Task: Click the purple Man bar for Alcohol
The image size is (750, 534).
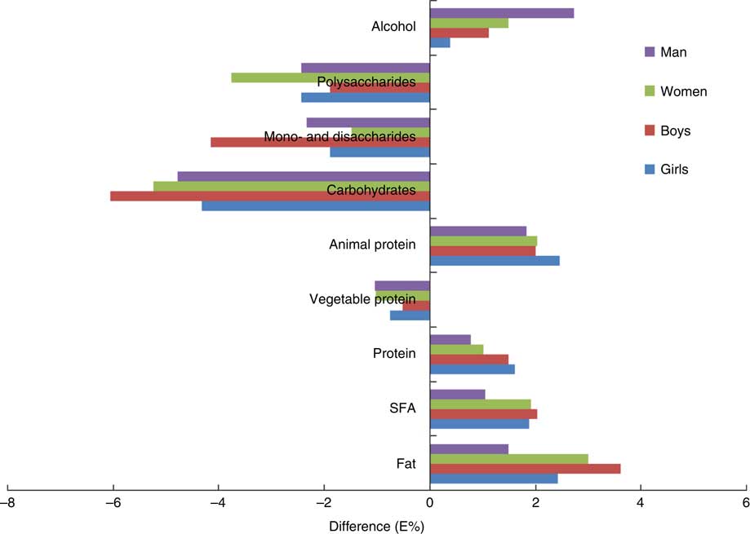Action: point(501,13)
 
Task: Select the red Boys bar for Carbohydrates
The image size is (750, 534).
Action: point(269,196)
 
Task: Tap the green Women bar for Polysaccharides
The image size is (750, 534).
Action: point(330,77)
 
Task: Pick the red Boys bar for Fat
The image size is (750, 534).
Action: point(525,468)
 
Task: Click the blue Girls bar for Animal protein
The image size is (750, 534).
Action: point(495,260)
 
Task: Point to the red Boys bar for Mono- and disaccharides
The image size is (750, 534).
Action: point(320,142)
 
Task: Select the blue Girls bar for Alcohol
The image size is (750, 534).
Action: point(440,42)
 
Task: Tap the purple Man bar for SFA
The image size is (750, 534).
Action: point(457,395)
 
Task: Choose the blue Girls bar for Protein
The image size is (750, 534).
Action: point(472,369)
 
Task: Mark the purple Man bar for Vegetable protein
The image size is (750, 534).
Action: point(402,285)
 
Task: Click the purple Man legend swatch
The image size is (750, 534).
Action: point(650,52)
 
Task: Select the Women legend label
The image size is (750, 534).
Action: point(683,91)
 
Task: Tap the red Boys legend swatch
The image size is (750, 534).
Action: point(650,130)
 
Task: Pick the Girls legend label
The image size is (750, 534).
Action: point(674,170)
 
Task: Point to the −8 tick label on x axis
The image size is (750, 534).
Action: point(8,504)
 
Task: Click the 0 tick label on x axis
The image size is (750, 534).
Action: point(429,504)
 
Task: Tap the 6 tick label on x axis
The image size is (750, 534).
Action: point(745,504)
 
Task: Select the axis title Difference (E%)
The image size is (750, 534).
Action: point(377,526)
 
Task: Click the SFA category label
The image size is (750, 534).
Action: point(403,408)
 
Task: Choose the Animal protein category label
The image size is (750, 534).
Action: point(372,245)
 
